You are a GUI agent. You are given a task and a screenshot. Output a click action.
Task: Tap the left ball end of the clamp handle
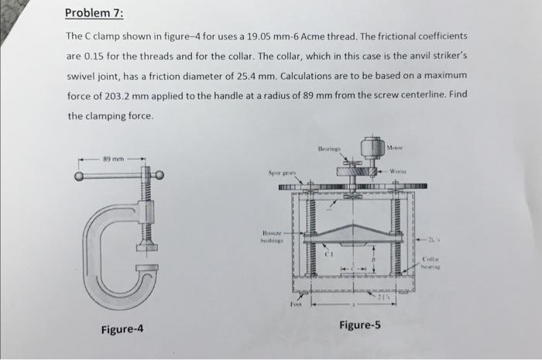tap(80, 176)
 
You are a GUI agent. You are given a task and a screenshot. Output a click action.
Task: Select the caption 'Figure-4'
tap(122, 330)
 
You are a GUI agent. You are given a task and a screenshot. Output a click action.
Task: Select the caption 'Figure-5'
tap(359, 324)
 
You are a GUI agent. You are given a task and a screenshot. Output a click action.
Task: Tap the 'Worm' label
tap(410, 170)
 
